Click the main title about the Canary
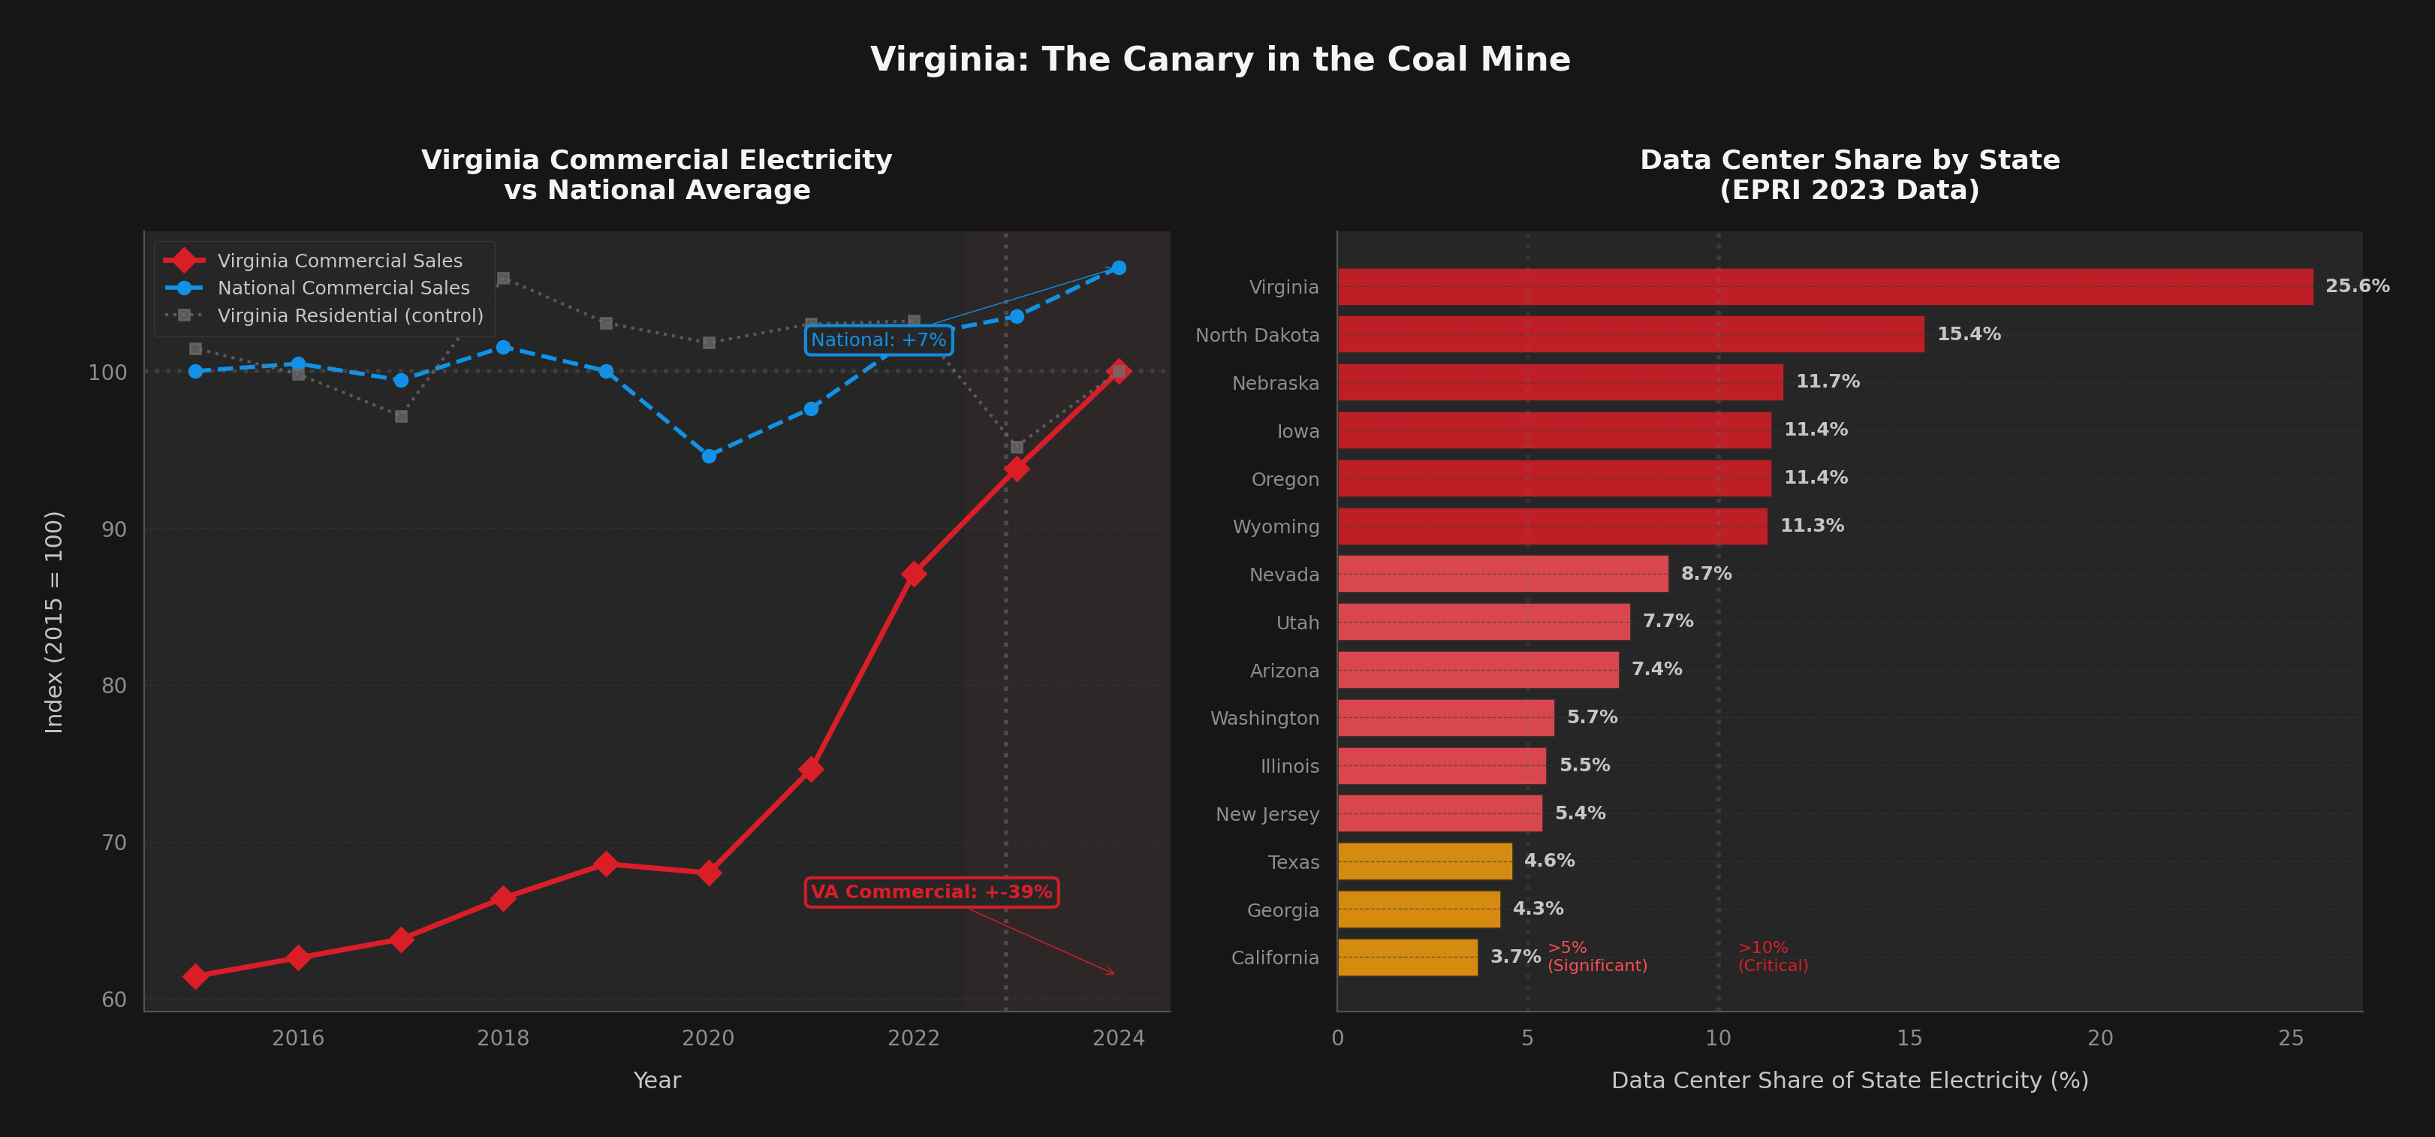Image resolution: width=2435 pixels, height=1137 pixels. click(x=1219, y=59)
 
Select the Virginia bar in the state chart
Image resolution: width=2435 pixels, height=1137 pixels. click(x=1825, y=286)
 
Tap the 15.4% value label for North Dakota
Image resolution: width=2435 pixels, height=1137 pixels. click(x=1968, y=333)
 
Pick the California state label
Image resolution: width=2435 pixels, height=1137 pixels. click(x=1274, y=958)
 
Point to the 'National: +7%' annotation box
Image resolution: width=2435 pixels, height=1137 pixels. click(x=878, y=340)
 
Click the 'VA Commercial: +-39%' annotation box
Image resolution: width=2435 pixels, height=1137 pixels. click(x=931, y=892)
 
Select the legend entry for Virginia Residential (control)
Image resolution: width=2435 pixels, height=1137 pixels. click(x=350, y=315)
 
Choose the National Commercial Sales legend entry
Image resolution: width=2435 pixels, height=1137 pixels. click(x=343, y=288)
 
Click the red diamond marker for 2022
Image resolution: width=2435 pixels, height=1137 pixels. click(x=913, y=574)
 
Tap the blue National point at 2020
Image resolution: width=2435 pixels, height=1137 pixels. click(x=709, y=456)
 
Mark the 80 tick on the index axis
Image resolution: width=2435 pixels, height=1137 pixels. click(x=113, y=685)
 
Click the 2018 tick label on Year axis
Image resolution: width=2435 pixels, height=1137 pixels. click(x=503, y=1038)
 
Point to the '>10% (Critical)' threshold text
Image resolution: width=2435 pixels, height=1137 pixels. click(x=1772, y=957)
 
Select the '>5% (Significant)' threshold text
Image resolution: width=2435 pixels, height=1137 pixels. click(x=1596, y=957)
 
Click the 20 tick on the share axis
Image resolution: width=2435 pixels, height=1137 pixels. click(x=2099, y=1038)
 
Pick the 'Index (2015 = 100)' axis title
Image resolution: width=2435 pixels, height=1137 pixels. click(x=54, y=622)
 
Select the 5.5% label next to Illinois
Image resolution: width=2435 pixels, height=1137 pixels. click(x=1584, y=765)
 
